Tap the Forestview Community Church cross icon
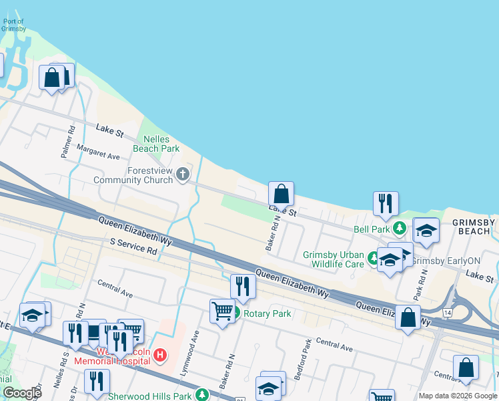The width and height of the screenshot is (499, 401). click(183, 175)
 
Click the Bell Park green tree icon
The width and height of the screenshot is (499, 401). click(400, 229)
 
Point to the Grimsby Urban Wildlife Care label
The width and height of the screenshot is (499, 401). click(334, 259)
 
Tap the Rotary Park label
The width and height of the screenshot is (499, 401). click(267, 313)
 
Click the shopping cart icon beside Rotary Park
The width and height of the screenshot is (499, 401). click(221, 310)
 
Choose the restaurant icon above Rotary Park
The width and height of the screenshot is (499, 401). click(243, 286)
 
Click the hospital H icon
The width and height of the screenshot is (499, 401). click(159, 355)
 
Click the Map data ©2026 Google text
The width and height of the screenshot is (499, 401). click(457, 396)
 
